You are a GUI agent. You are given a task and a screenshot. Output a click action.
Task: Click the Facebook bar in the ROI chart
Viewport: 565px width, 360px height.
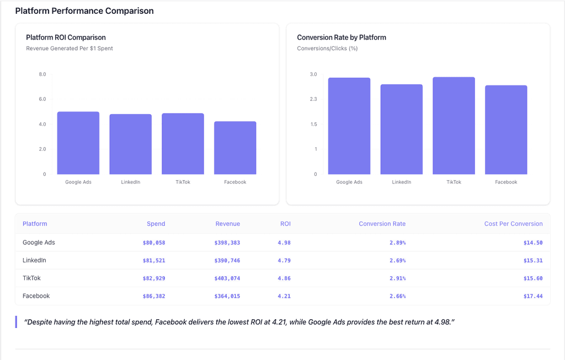235,148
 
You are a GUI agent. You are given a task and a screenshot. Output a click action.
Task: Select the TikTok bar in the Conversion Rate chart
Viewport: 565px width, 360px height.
454,126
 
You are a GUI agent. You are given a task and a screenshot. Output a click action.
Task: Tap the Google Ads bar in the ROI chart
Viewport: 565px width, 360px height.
78,143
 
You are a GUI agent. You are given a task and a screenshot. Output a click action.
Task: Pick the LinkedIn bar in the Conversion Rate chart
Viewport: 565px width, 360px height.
401,129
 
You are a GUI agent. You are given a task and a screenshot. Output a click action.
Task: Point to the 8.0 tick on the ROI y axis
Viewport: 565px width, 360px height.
42,74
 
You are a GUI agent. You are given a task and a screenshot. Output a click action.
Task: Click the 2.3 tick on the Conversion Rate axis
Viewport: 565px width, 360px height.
313,99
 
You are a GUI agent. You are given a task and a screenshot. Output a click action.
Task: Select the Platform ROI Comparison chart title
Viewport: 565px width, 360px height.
66,37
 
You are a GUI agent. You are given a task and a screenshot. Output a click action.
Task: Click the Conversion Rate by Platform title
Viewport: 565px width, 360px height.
341,37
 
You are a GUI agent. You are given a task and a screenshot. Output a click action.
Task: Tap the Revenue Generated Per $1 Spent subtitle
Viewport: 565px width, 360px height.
70,49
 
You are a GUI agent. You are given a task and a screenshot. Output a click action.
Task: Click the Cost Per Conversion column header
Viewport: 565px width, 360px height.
513,224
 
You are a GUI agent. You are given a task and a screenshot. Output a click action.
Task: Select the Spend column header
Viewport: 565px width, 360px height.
156,224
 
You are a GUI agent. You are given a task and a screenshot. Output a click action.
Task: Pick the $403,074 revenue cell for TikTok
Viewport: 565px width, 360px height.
227,278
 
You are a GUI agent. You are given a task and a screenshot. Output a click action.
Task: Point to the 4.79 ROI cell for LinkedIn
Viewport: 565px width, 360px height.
284,260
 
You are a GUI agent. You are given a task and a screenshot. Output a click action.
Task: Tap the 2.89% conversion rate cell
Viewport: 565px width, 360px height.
397,243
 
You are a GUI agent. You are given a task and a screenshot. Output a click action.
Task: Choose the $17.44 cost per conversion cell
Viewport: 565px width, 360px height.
532,296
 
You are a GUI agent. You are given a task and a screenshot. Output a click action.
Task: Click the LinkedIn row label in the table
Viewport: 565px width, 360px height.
34,260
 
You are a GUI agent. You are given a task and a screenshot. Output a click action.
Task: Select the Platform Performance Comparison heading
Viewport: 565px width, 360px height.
84,11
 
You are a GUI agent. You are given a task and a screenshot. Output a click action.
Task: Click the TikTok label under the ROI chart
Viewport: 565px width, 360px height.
183,182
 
